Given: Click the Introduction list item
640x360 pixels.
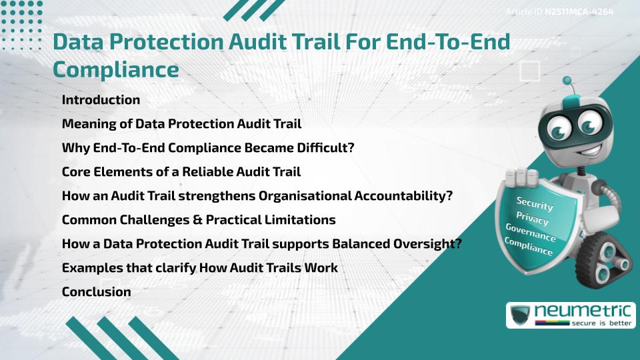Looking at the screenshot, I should tap(101, 100).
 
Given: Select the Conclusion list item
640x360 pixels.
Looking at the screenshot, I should tap(96, 291).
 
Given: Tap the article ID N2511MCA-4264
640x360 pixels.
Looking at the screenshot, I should tap(559, 12).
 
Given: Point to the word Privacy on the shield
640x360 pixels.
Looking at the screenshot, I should tap(532, 218).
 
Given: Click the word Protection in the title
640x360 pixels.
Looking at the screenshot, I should tap(147, 43).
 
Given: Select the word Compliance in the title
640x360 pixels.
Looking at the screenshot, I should tap(116, 69).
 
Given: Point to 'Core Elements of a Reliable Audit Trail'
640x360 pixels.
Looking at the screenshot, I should tap(181, 172).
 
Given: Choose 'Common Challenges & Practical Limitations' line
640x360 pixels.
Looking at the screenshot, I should tap(198, 219).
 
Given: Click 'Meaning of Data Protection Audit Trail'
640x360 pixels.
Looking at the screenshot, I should tap(181, 124).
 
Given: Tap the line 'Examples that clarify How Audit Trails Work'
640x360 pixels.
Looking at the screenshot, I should tap(199, 267).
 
